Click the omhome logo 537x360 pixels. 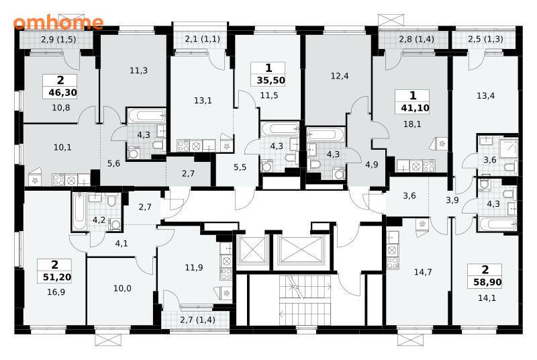[58, 22]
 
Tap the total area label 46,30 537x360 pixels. [62, 93]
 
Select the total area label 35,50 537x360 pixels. [271, 81]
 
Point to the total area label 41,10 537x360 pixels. [415, 108]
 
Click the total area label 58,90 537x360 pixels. [487, 282]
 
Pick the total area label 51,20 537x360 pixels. [57, 277]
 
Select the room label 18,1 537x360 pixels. [412, 124]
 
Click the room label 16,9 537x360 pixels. [56, 292]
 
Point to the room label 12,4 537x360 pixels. [340, 76]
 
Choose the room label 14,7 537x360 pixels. [423, 272]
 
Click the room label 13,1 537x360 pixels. [203, 101]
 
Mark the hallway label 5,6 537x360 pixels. [113, 164]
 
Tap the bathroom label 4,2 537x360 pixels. [99, 220]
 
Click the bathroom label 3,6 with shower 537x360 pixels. [490, 160]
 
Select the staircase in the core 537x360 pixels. [305, 300]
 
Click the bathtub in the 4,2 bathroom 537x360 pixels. [79, 212]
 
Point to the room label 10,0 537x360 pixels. [122, 288]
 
